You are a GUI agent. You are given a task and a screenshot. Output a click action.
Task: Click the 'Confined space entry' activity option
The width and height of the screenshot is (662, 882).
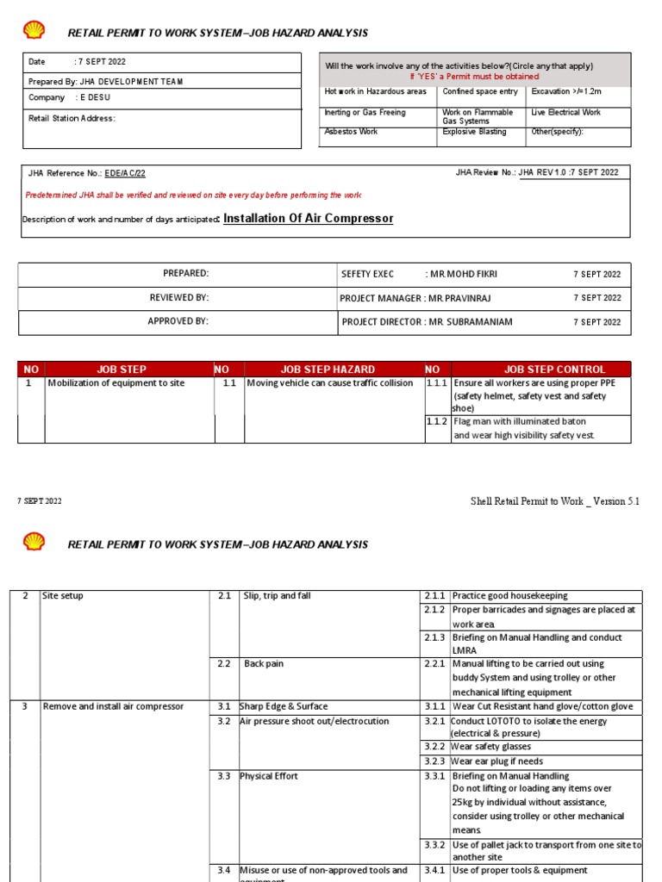(480, 91)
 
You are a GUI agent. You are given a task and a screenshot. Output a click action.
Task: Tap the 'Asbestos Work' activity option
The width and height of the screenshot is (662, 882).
(352, 132)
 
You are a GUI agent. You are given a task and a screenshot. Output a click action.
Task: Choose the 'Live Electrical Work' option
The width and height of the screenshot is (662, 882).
(566, 112)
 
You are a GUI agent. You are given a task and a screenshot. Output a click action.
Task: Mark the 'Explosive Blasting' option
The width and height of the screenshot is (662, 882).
(474, 132)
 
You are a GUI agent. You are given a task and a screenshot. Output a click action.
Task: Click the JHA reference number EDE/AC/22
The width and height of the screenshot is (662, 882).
(125, 173)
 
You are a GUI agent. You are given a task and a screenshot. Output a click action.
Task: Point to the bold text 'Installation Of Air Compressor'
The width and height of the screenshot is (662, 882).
(308, 219)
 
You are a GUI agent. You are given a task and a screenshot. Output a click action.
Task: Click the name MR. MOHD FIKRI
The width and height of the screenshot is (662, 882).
(465, 274)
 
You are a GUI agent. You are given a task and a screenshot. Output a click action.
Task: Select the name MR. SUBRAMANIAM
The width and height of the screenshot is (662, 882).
(471, 322)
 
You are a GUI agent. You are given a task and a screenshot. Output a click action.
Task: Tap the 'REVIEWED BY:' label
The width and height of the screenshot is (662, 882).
(179, 298)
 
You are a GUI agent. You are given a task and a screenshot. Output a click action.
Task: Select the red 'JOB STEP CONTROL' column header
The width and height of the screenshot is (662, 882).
(554, 370)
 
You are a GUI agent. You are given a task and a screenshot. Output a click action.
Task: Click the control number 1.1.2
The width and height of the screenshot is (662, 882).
(437, 421)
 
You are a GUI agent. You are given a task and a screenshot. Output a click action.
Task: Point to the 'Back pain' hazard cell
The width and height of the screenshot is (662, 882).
(264, 664)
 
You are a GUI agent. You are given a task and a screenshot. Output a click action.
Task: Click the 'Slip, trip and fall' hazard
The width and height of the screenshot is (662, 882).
(277, 596)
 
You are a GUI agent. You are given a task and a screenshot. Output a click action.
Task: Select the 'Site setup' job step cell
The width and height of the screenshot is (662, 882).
(63, 596)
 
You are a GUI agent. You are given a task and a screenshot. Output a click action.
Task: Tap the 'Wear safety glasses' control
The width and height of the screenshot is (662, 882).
(490, 747)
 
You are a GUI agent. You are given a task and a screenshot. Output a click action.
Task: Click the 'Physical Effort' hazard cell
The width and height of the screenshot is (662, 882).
(269, 776)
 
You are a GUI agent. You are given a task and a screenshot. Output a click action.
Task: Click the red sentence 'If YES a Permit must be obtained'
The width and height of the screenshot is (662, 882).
(474, 77)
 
